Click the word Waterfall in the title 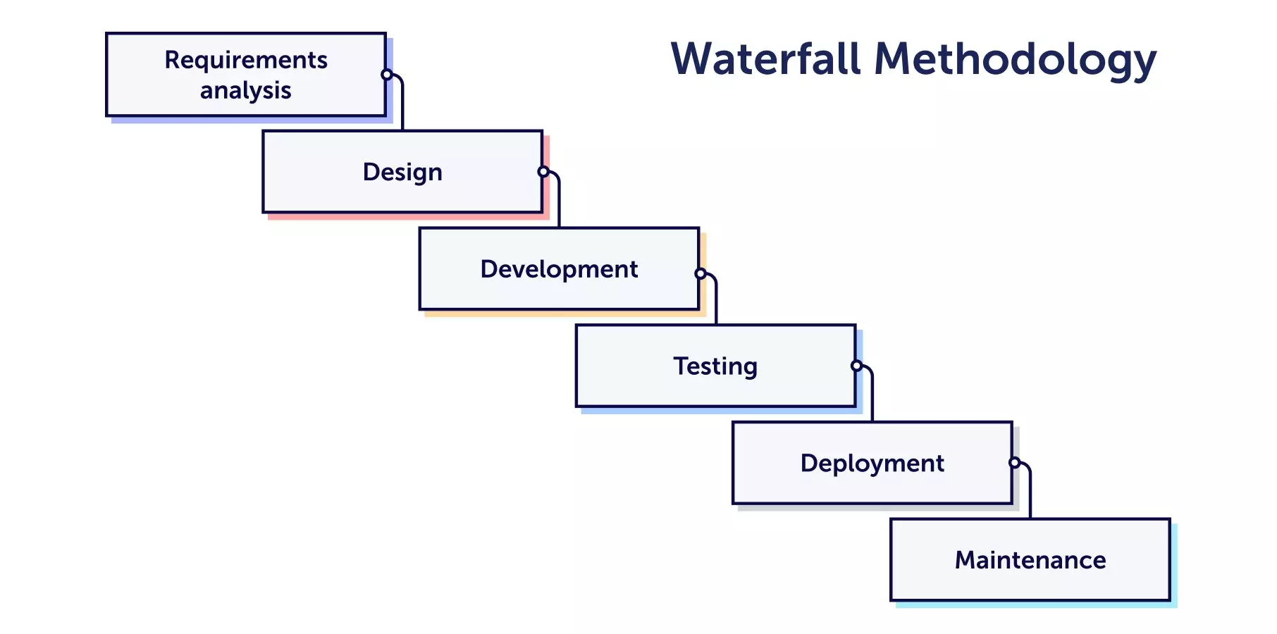point(765,59)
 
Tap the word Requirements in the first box point(246,61)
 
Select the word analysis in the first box point(246,91)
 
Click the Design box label point(402,173)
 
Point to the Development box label point(559,270)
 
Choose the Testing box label point(715,367)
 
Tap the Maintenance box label point(1030,561)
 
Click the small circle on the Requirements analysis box point(386,75)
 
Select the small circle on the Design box point(543,172)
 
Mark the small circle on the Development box point(701,273)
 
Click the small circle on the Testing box point(856,366)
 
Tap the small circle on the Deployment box point(1014,463)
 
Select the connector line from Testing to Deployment point(872,398)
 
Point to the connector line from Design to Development point(559,204)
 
